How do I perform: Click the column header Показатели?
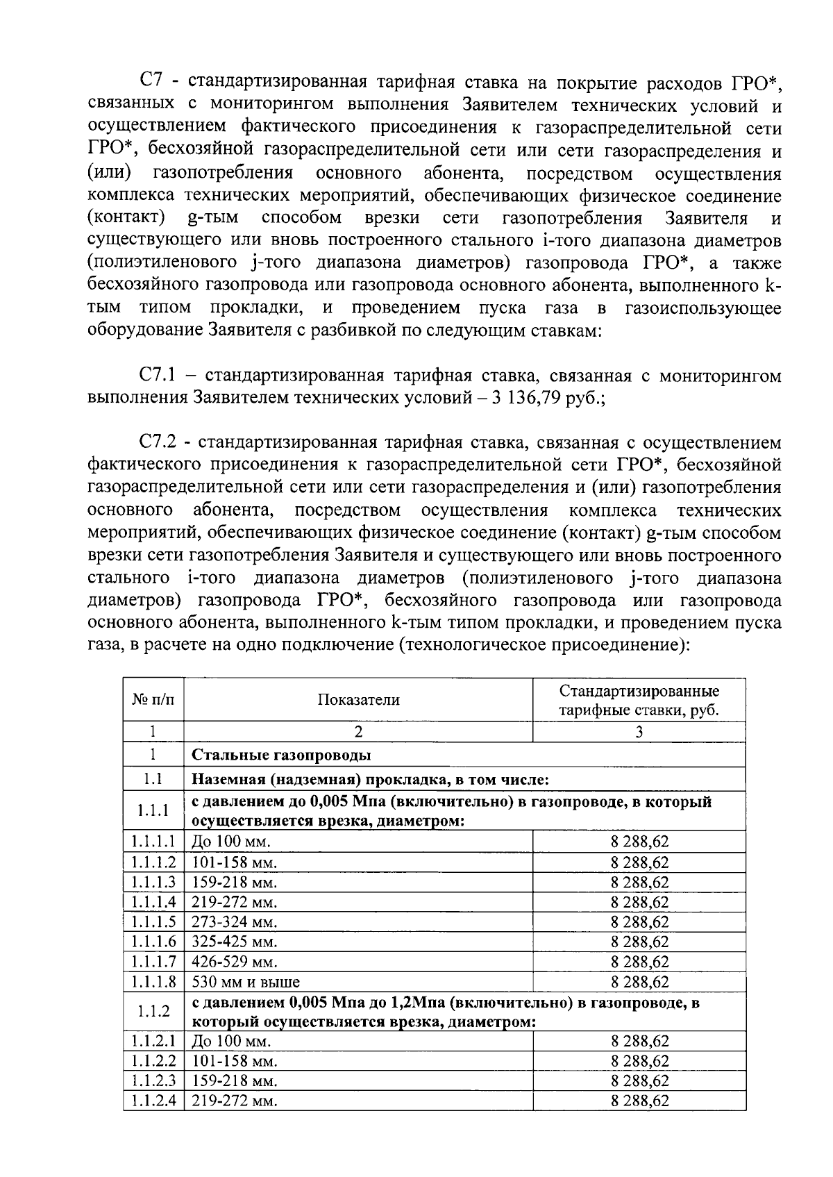pyautogui.click(x=358, y=700)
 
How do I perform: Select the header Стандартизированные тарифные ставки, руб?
pyautogui.click(x=639, y=701)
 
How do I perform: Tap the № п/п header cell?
pyautogui.click(x=153, y=700)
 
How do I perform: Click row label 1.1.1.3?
pyautogui.click(x=153, y=883)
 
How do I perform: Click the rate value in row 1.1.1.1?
pyautogui.click(x=639, y=843)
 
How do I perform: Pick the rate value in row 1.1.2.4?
pyautogui.click(x=639, y=1101)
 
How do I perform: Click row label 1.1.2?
pyautogui.click(x=153, y=1011)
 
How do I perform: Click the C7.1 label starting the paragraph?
pyautogui.click(x=158, y=376)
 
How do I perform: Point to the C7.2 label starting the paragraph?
pyautogui.click(x=158, y=443)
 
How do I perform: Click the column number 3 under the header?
pyautogui.click(x=639, y=731)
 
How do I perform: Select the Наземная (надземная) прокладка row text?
pyautogui.click(x=371, y=779)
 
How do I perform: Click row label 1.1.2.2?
pyautogui.click(x=153, y=1061)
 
